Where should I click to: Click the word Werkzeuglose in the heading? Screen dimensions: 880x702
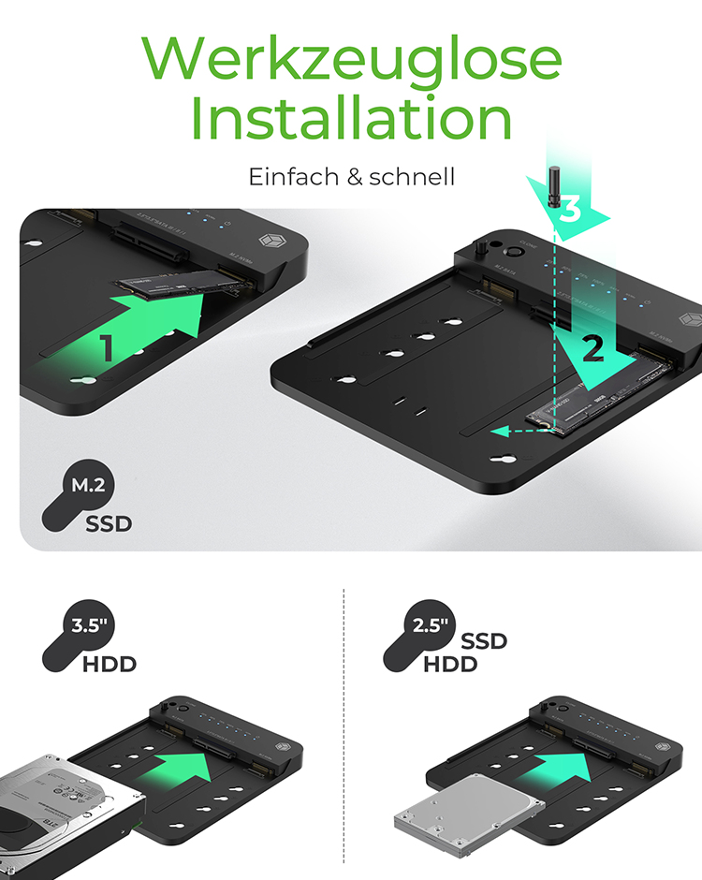(352, 58)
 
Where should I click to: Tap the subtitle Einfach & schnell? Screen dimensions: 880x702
(351, 176)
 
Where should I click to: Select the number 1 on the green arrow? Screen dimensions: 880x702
(107, 348)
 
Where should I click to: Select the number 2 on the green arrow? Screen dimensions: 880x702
(592, 350)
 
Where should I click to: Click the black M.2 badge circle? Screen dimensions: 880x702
(89, 486)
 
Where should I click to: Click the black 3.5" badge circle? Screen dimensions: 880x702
(87, 627)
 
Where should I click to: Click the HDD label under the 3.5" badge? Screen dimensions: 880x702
(110, 666)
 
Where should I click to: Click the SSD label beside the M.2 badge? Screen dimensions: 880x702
(110, 523)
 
